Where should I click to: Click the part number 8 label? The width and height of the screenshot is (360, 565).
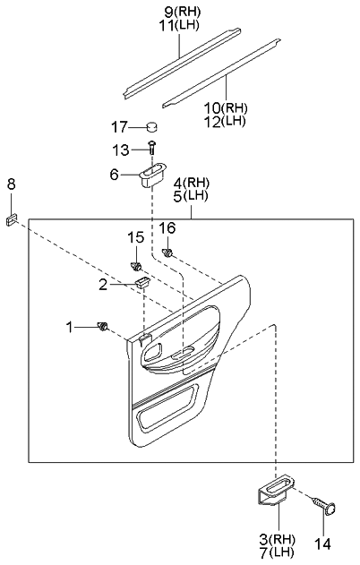click(11, 185)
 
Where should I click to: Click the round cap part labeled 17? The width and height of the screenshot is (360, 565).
click(152, 126)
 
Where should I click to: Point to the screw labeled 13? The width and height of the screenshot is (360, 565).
click(153, 148)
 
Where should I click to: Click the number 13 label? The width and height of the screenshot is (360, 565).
click(121, 149)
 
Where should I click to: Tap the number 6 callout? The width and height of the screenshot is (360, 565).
click(114, 175)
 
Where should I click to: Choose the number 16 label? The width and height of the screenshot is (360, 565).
click(167, 228)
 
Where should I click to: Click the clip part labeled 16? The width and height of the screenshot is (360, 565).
click(167, 253)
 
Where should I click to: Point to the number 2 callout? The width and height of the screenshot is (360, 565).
click(103, 285)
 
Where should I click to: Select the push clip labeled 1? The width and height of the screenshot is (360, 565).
click(103, 325)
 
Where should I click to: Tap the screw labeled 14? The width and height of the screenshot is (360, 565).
click(321, 508)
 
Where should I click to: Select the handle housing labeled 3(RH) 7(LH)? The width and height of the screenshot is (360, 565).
click(273, 492)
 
